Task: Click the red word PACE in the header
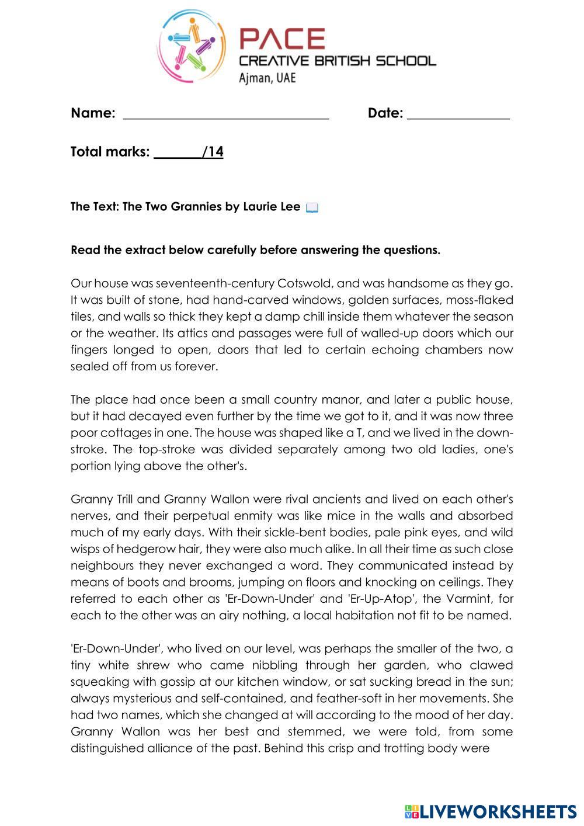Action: pyautogui.click(x=282, y=39)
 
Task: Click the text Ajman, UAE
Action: pyautogui.click(x=267, y=78)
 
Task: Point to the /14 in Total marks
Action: pyautogui.click(x=213, y=152)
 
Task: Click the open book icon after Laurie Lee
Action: pyautogui.click(x=312, y=207)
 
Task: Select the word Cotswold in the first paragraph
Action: pyautogui.click(x=305, y=283)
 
